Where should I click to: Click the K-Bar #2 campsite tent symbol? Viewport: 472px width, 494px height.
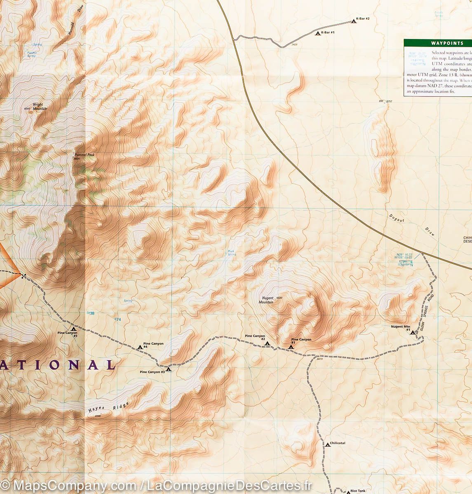pyautogui.click(x=353, y=21)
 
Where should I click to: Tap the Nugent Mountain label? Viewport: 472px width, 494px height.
pyautogui.click(x=266, y=300)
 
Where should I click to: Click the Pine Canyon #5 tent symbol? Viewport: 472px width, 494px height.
pyautogui.click(x=73, y=329)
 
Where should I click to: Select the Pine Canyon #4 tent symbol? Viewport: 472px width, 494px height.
pyautogui.click(x=140, y=347)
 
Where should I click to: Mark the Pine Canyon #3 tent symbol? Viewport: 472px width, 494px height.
pyautogui.click(x=168, y=369)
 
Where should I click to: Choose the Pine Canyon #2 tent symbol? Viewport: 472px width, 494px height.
pyautogui.click(x=267, y=343)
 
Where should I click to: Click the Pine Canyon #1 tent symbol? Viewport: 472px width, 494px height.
pyautogui.click(x=291, y=347)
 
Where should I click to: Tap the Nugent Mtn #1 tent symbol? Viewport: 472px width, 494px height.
pyautogui.click(x=413, y=332)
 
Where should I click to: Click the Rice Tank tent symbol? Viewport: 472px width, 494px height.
pyautogui.click(x=347, y=491)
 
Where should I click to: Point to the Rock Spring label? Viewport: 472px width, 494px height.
pyautogui.click(x=232, y=253)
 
